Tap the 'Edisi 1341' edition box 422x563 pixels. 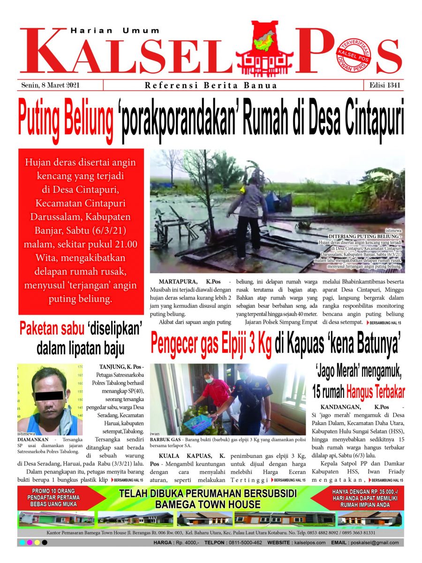[383, 85]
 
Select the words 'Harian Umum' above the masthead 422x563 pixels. [115, 31]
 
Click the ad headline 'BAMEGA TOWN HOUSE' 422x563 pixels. [208, 505]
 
